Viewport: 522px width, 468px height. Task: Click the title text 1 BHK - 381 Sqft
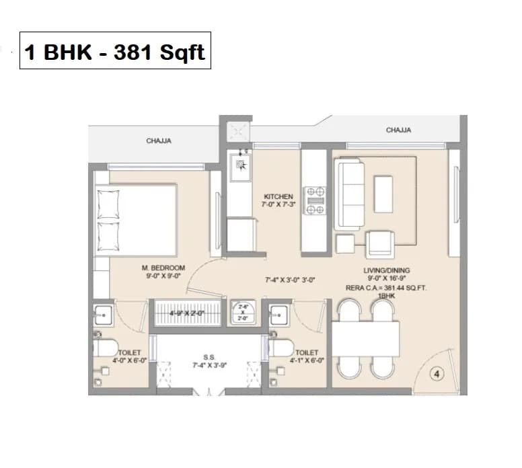pyautogui.click(x=115, y=52)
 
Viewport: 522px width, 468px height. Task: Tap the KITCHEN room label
pyautogui.click(x=278, y=196)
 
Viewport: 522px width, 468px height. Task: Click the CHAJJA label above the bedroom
pyautogui.click(x=159, y=141)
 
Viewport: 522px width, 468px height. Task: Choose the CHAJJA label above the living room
pyautogui.click(x=398, y=130)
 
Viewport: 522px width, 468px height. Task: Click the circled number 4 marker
pyautogui.click(x=434, y=375)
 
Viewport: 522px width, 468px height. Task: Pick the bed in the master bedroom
pyautogui.click(x=137, y=218)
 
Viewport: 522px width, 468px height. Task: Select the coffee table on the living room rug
pyautogui.click(x=383, y=194)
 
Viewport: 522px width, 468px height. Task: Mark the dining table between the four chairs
pyautogui.click(x=365, y=339)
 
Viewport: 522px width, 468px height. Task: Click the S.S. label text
pyautogui.click(x=209, y=358)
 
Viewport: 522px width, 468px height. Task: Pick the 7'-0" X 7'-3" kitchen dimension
pyautogui.click(x=279, y=204)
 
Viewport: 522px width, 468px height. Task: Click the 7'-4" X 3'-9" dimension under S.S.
pyautogui.click(x=209, y=366)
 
